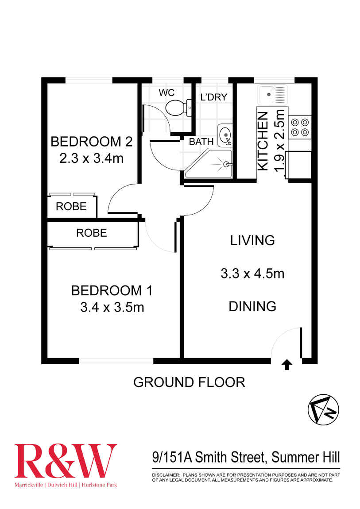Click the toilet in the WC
tap(178, 107)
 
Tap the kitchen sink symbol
tap(273, 95)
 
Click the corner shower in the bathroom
tap(210, 164)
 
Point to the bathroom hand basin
tap(225, 135)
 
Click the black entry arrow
tap(286, 364)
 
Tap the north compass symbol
tap(323, 409)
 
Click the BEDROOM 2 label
tap(92, 142)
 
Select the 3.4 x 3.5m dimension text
tap(112, 307)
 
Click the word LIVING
tap(252, 240)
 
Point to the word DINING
tap(252, 306)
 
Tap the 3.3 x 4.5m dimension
tap(252, 274)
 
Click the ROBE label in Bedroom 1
tap(92, 233)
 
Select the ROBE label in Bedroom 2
tap(71, 207)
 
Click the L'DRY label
tap(214, 97)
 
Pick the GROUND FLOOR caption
tap(189, 382)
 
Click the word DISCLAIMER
tap(165, 474)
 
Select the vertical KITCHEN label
tap(263, 141)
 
